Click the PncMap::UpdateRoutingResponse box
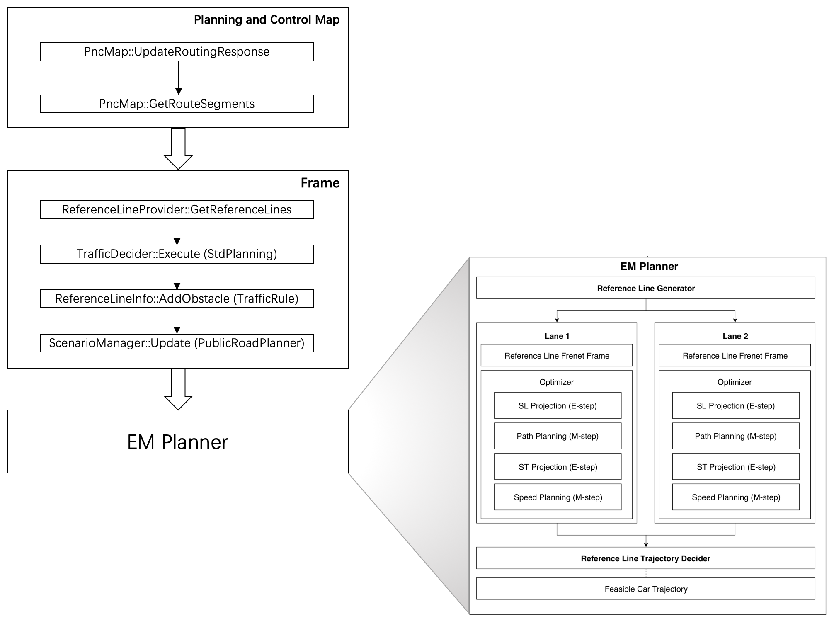pos(177,52)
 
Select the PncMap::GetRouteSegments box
pos(177,104)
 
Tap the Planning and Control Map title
pos(267,20)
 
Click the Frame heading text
pos(320,183)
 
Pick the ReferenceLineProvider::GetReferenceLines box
pos(177,209)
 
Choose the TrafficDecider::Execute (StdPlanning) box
pos(177,254)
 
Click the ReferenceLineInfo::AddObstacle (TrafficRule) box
pos(177,298)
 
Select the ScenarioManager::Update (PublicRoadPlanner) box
pos(177,343)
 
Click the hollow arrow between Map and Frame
pos(178,149)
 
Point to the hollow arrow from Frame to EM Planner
pos(178,390)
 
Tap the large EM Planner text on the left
pos(177,442)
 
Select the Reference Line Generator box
pos(645,288)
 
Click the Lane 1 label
pos(557,336)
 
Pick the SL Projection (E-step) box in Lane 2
pos(735,405)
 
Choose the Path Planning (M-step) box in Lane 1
pos(558,436)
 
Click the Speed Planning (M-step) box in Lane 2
pos(735,497)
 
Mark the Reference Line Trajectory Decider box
pos(645,558)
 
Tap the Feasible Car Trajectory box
pos(645,589)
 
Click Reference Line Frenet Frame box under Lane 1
pos(557,356)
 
